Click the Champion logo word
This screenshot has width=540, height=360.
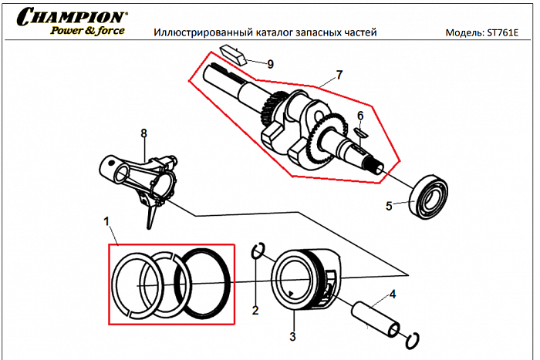73,16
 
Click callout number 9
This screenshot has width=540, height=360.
270,64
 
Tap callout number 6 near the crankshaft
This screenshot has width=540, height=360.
359,116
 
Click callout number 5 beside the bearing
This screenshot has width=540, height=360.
390,206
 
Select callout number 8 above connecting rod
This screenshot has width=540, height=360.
143,133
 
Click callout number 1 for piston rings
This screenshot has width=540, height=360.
106,221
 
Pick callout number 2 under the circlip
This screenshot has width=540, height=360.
255,311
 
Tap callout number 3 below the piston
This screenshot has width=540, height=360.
292,336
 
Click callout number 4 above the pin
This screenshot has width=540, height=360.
393,294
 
